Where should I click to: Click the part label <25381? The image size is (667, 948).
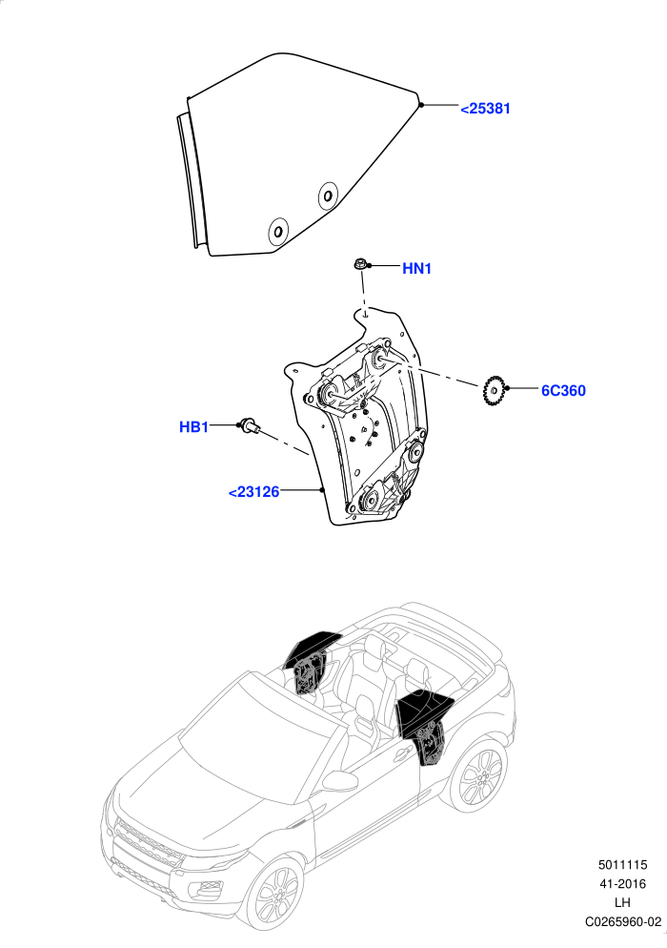[x=485, y=109]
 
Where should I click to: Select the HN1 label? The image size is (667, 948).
[x=417, y=268]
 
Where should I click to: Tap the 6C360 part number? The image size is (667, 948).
[x=563, y=391]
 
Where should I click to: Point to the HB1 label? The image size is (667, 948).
[x=194, y=427]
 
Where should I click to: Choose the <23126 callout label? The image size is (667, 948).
[x=253, y=492]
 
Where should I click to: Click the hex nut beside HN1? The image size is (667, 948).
[x=359, y=264]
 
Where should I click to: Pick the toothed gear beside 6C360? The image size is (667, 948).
[x=494, y=391]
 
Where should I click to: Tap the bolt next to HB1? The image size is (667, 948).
[x=249, y=425]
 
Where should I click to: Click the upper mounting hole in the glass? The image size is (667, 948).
[x=328, y=196]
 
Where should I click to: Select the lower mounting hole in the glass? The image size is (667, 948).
[x=278, y=232]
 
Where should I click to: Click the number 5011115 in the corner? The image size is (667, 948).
[x=622, y=865]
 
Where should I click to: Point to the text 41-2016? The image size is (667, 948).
[x=622, y=884]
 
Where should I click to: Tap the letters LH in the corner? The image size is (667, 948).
[x=622, y=902]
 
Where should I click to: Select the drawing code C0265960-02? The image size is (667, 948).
[x=622, y=922]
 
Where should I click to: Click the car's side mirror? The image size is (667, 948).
[x=340, y=781]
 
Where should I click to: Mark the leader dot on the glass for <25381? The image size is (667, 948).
[x=421, y=105]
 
